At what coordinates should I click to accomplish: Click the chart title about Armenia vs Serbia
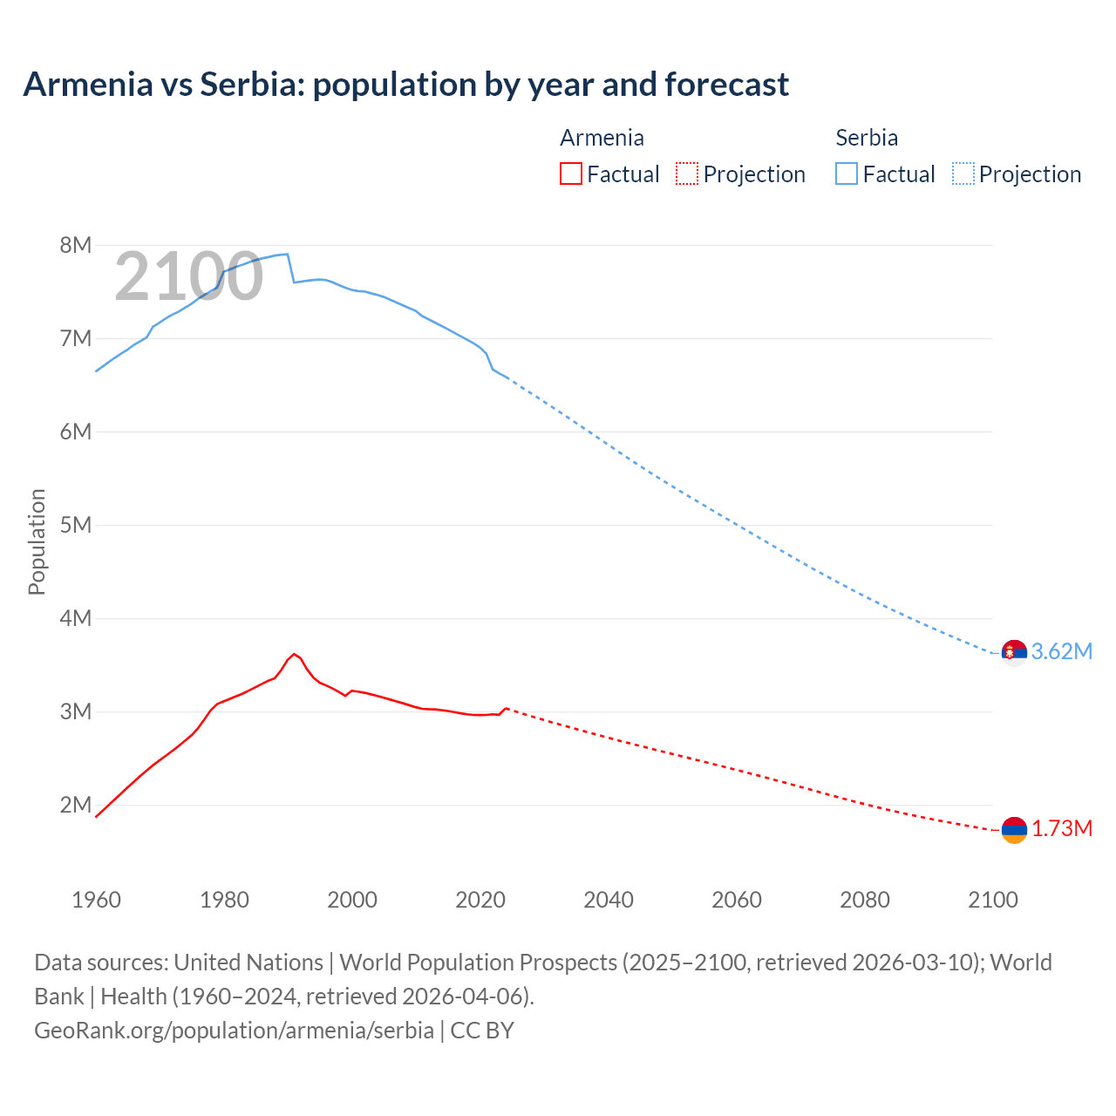[406, 85]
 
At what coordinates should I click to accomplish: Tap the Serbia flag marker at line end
[1014, 652]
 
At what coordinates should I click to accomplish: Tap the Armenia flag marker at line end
[1014, 830]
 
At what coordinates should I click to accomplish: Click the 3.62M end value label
[1061, 652]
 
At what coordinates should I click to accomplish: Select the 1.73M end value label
[1061, 829]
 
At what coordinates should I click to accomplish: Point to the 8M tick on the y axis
[75, 245]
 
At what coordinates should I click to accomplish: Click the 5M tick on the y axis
[75, 525]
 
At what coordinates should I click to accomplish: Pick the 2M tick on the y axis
[75, 805]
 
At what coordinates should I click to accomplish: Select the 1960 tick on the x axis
[96, 900]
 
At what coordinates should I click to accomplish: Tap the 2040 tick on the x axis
[609, 900]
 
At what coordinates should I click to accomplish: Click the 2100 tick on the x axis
[992, 900]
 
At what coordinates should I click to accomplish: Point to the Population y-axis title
[37, 541]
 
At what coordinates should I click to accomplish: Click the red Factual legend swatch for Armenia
[571, 174]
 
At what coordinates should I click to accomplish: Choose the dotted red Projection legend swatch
[687, 174]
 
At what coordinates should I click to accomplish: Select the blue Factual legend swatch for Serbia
[847, 174]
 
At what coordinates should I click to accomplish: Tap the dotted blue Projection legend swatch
[963, 174]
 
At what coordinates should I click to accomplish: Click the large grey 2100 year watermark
[188, 276]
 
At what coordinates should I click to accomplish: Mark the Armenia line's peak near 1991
[294, 653]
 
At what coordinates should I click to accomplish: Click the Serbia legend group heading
[866, 138]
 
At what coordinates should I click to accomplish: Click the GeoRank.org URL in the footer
[234, 1031]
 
